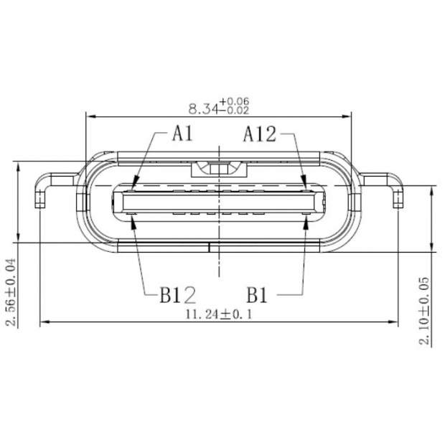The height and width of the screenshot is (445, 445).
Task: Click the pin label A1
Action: [182, 133]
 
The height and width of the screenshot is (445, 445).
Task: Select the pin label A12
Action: [258, 133]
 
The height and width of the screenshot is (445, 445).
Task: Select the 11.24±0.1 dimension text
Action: [219, 314]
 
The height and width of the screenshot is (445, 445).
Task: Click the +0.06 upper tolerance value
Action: [235, 101]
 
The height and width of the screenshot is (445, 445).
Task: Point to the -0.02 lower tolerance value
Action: [235, 111]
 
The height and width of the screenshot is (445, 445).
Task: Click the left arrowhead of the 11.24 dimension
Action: [43, 323]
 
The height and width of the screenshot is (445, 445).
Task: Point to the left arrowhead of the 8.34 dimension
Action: [89, 115]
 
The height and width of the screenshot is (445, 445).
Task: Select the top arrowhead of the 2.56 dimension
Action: [17, 164]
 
